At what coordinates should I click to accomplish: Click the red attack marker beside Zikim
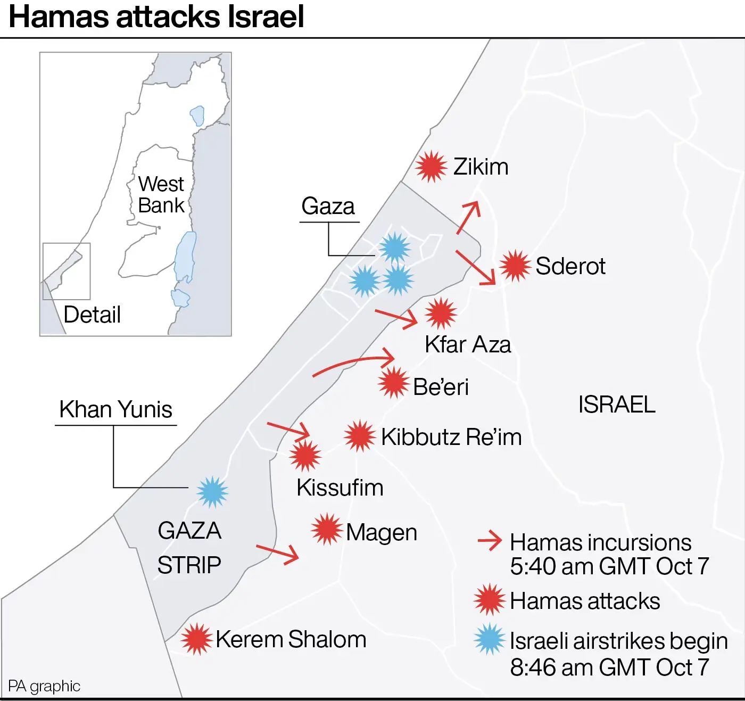[431, 167]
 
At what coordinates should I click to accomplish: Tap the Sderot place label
[570, 266]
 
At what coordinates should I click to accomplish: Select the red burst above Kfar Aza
[441, 313]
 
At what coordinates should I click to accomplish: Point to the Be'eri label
[441, 387]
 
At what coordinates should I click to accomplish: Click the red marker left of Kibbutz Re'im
[360, 436]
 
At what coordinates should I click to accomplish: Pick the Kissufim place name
[340, 488]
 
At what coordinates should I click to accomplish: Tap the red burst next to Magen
[327, 529]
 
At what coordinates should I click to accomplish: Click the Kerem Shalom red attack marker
[196, 639]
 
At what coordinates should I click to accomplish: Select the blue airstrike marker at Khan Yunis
[212, 492]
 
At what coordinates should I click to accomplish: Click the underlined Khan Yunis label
[115, 410]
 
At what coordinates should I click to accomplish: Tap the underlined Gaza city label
[328, 206]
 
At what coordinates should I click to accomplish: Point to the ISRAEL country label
[617, 405]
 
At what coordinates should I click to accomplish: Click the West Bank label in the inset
[161, 195]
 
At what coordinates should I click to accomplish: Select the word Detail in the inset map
[92, 315]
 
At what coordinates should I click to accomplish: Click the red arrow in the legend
[490, 541]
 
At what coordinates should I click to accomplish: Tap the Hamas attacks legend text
[585, 601]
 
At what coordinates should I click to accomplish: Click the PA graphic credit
[44, 686]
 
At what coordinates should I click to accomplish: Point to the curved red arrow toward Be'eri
[354, 363]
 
